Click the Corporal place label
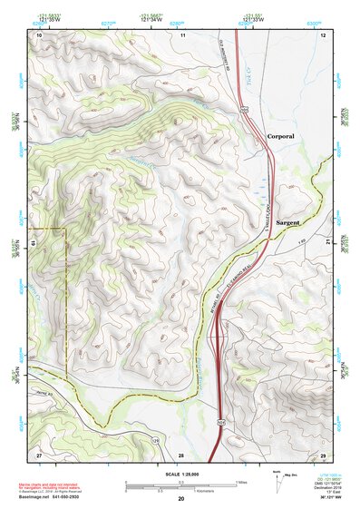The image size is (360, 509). coord(281,135)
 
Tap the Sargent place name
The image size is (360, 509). coord(288,221)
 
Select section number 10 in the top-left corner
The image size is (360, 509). coord(39,34)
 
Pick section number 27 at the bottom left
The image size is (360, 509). coord(39,453)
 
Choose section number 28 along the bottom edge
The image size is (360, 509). coord(180,454)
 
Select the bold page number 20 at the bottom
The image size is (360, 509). coord(181,499)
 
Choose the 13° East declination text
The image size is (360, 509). coord(325,491)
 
